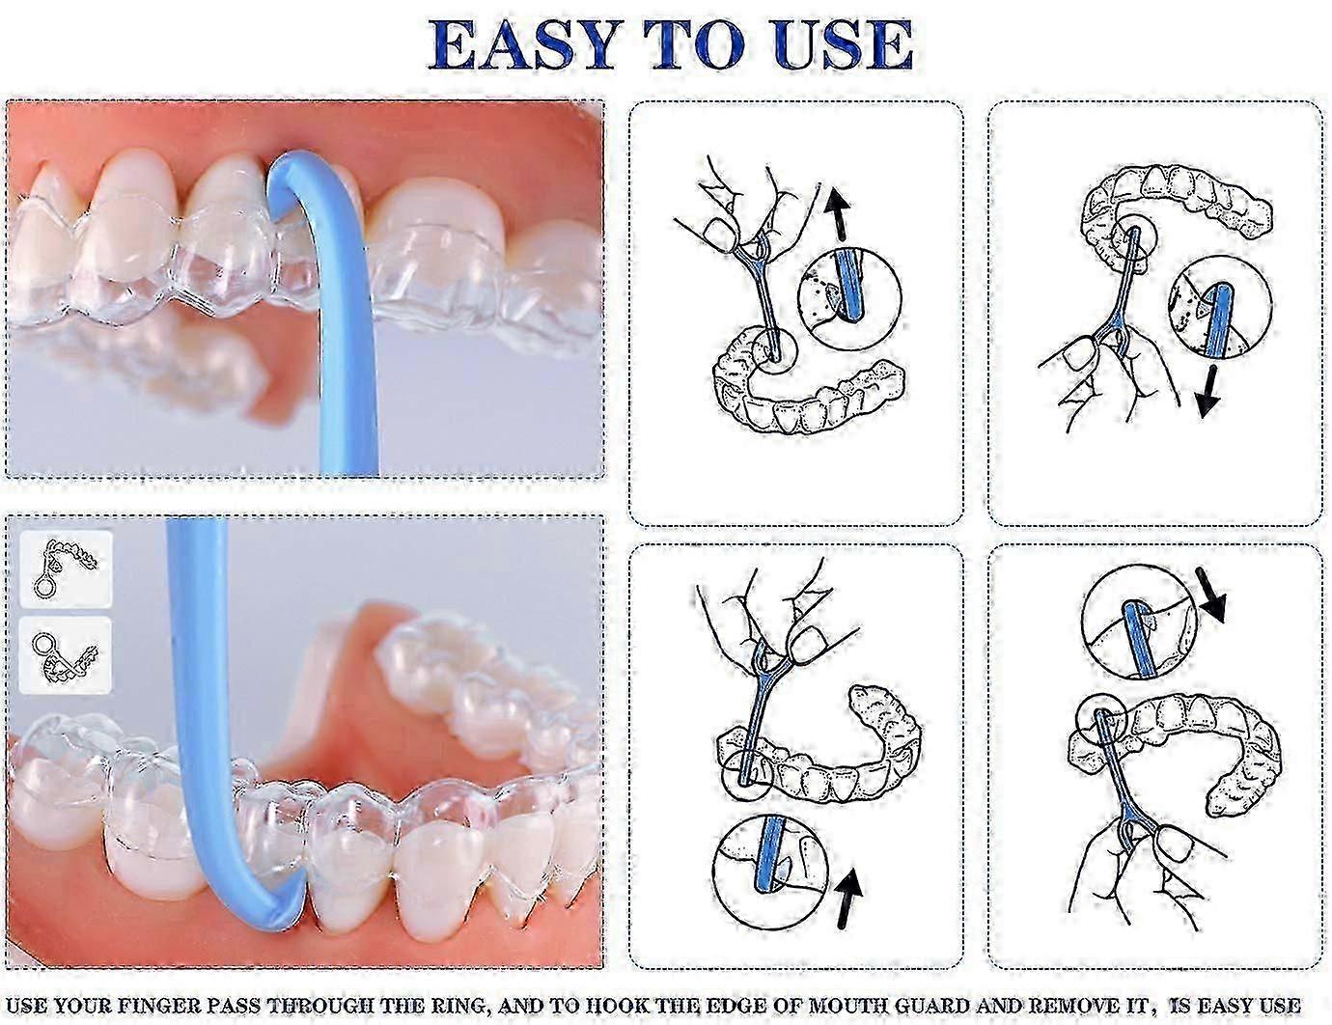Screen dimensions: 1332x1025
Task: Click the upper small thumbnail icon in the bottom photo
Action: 66,569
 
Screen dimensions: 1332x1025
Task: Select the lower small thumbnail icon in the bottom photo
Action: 66,655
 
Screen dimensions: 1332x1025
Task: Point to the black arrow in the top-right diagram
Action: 1207,392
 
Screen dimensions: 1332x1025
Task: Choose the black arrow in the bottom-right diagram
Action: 1208,595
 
